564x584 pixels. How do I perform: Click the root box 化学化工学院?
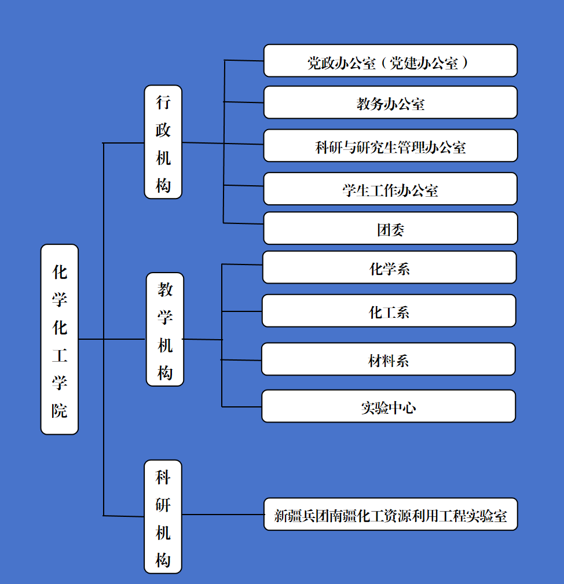point(59,339)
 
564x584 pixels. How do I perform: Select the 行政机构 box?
point(163,142)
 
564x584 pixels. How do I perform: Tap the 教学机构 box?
point(164,329)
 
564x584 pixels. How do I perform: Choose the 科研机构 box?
point(163,516)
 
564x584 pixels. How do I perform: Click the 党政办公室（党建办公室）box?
point(390,61)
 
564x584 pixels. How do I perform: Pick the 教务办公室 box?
point(390,103)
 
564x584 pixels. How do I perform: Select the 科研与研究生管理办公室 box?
point(390,146)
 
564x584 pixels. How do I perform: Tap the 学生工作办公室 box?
point(390,189)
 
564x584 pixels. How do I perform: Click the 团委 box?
point(390,229)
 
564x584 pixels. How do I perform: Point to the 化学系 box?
point(389,267)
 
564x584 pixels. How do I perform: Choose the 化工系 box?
point(389,311)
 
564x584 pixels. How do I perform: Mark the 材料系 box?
point(389,359)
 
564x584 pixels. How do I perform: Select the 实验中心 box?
point(389,406)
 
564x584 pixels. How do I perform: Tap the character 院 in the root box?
point(59,410)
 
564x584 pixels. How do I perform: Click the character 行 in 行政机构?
point(163,102)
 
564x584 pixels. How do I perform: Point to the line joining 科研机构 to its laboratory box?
point(223,514)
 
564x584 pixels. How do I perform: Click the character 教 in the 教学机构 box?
point(165,289)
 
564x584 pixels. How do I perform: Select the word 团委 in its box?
point(390,229)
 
